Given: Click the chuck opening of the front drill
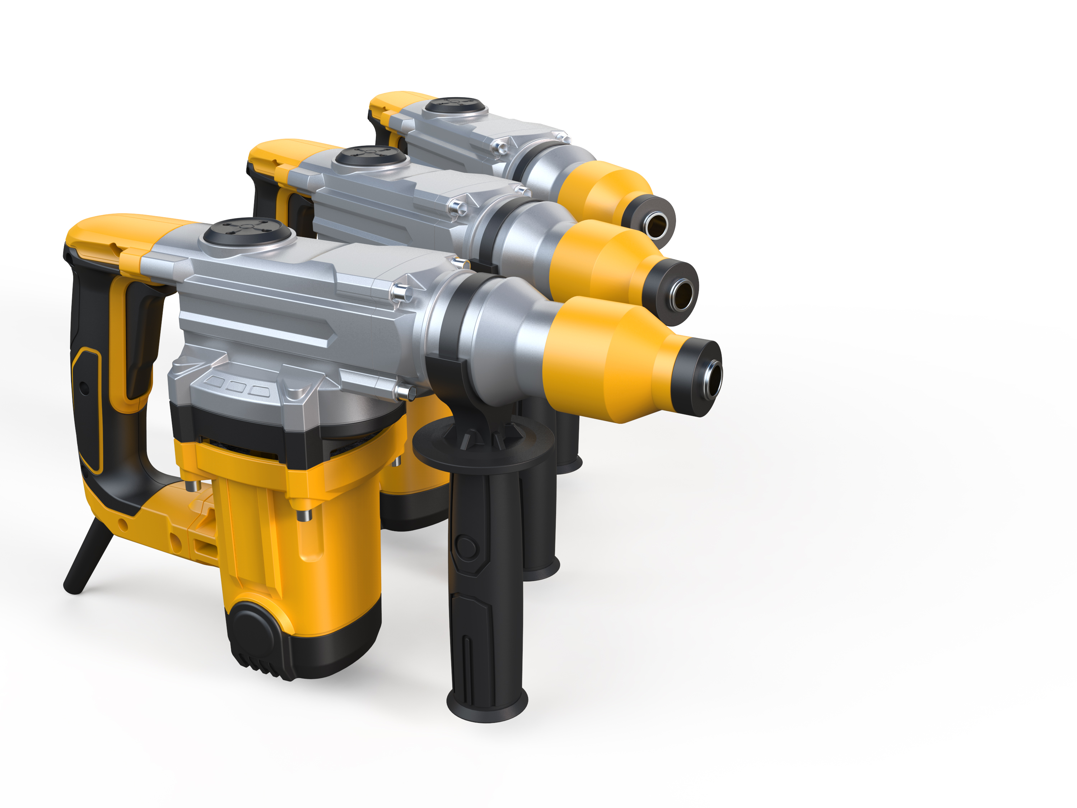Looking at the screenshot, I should (714, 379).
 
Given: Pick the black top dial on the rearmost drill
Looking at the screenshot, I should (454, 105).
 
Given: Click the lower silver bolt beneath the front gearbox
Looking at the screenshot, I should (405, 392).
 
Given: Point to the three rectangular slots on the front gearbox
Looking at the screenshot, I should (237, 387).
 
